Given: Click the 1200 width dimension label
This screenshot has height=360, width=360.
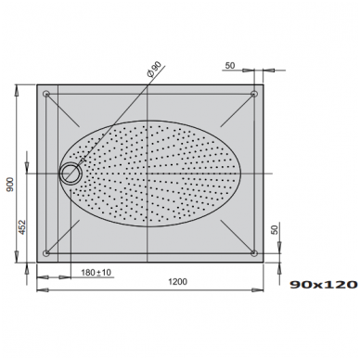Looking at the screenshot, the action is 177,282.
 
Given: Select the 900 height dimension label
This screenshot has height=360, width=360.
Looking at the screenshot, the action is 10,185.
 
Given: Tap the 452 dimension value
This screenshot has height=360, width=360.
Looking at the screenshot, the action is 21,227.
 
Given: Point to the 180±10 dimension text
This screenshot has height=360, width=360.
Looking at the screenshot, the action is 96,273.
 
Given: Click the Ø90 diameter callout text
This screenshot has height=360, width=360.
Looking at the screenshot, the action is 154,69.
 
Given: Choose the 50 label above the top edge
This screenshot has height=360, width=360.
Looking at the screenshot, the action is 230,66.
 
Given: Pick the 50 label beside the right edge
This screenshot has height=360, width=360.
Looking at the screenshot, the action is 275,229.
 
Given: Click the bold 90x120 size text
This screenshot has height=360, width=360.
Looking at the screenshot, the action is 324,285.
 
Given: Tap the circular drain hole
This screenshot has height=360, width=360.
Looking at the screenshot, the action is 71,174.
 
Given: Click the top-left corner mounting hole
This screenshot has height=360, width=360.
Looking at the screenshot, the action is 46,94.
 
